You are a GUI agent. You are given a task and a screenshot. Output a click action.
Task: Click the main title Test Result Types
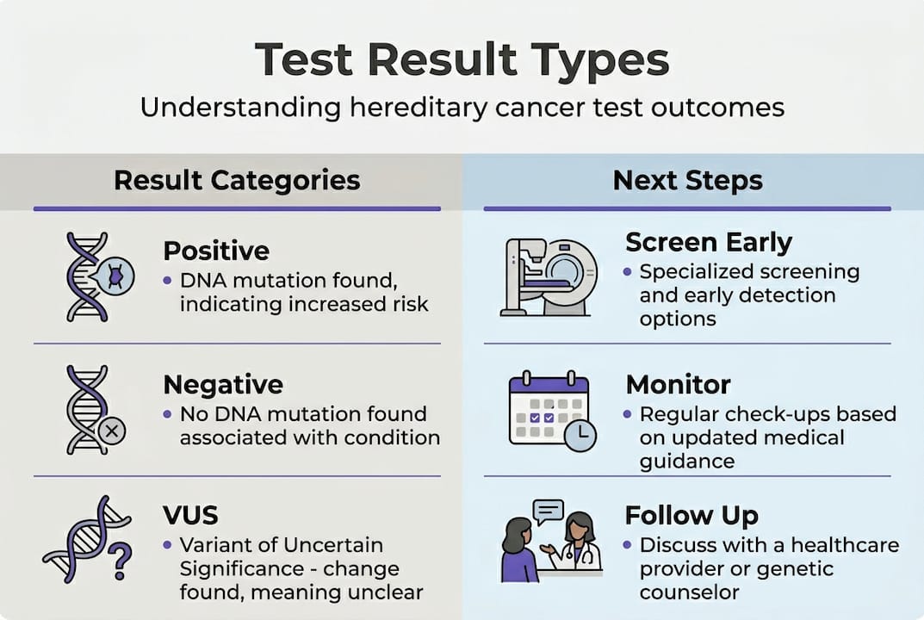point(462,60)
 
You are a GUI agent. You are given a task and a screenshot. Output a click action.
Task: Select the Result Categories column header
point(237,180)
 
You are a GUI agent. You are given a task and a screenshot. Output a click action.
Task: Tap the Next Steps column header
point(687,180)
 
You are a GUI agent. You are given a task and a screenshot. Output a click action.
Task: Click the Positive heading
point(216,251)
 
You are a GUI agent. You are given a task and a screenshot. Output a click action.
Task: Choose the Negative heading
point(223,383)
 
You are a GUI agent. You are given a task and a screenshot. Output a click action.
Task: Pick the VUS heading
point(190,515)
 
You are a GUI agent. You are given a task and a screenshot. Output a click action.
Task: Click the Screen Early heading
point(708,243)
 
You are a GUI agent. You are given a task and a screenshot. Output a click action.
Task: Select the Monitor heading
point(678,383)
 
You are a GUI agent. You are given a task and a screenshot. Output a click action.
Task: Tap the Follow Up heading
point(691,515)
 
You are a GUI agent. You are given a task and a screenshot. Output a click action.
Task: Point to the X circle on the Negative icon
point(113,430)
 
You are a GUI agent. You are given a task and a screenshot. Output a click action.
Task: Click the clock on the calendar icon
point(580,436)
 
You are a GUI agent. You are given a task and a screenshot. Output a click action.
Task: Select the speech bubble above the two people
point(548,512)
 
